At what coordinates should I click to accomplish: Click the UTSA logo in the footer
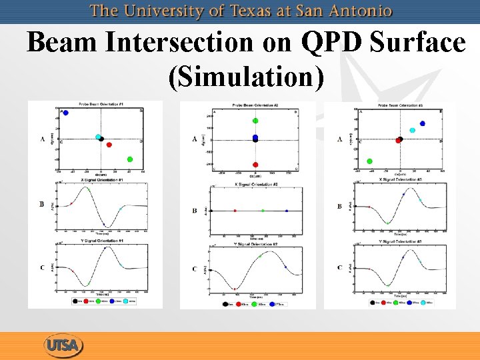coord(64,345)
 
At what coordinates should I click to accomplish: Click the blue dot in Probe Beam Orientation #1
coord(65,113)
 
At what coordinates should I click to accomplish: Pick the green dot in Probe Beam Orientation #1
coord(129,159)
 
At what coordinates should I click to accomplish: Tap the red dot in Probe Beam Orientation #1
coord(109,145)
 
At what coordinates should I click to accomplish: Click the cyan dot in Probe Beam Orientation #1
coord(98,137)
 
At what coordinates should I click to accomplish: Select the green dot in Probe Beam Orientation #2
coord(255,121)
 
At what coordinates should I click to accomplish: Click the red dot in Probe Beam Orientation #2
coord(255,164)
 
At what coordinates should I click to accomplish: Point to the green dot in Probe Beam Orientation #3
coord(369,161)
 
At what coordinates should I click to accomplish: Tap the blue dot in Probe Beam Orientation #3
coord(422,123)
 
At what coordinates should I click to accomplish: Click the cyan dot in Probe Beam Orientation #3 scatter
coord(412,130)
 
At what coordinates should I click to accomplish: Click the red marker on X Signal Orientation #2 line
coord(235,211)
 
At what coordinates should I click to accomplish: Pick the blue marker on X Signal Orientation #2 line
coord(286,211)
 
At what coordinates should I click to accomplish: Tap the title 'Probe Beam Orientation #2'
coord(255,106)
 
